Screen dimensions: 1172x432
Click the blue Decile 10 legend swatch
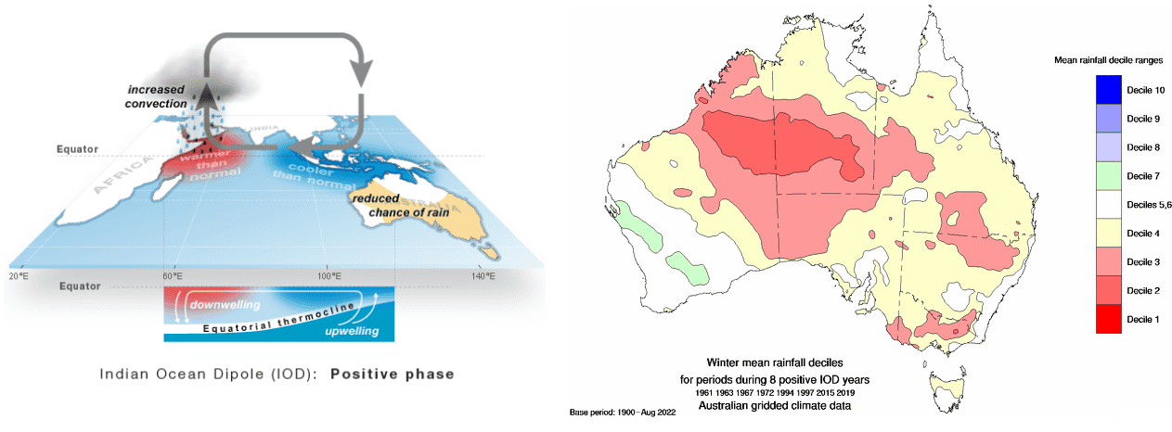tap(1109, 89)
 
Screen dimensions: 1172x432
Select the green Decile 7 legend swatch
tap(1109, 176)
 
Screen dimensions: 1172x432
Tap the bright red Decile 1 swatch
tap(1109, 319)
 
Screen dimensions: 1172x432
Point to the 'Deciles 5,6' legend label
tap(1149, 205)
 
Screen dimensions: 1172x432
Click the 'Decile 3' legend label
tap(1143, 262)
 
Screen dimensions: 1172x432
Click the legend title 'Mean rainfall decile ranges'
tap(1108, 60)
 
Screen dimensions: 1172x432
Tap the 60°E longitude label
tap(173, 276)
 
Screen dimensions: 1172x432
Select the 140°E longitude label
tap(483, 276)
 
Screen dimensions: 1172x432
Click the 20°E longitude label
tap(19, 276)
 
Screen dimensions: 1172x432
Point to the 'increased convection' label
tap(156, 96)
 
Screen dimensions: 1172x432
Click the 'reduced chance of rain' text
tap(401, 206)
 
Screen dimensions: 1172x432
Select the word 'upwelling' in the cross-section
tap(352, 331)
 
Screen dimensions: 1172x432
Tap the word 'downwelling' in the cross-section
tap(225, 305)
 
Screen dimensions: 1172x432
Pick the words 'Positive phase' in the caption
tap(393, 375)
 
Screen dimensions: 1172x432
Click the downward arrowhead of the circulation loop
tap(361, 72)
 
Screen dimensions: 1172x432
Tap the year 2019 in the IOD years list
tap(845, 393)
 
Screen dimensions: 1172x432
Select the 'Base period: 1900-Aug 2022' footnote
tap(623, 413)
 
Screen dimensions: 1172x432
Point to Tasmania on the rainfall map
tap(947, 391)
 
